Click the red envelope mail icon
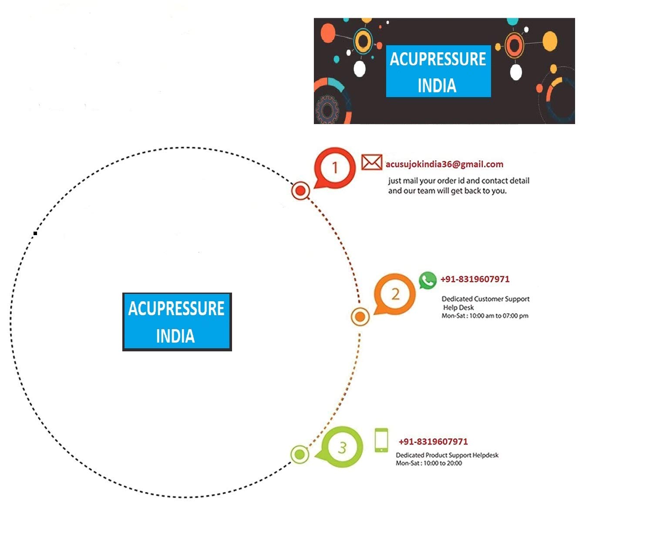371,162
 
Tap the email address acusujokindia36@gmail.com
444,164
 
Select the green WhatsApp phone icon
427,280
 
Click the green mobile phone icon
381,440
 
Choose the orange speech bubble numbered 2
394,294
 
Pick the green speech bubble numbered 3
341,447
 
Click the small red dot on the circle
300,191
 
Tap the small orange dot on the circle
360,317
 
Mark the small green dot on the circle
300,454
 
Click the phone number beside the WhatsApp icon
475,279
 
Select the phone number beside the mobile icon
433,441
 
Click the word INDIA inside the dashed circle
175,336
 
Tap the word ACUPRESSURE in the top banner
438,59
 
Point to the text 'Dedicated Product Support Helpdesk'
447,455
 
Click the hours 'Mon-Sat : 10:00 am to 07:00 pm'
485,316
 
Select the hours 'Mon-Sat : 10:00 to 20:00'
428,463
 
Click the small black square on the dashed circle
35,233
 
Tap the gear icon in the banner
327,109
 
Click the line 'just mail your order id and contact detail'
458,181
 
